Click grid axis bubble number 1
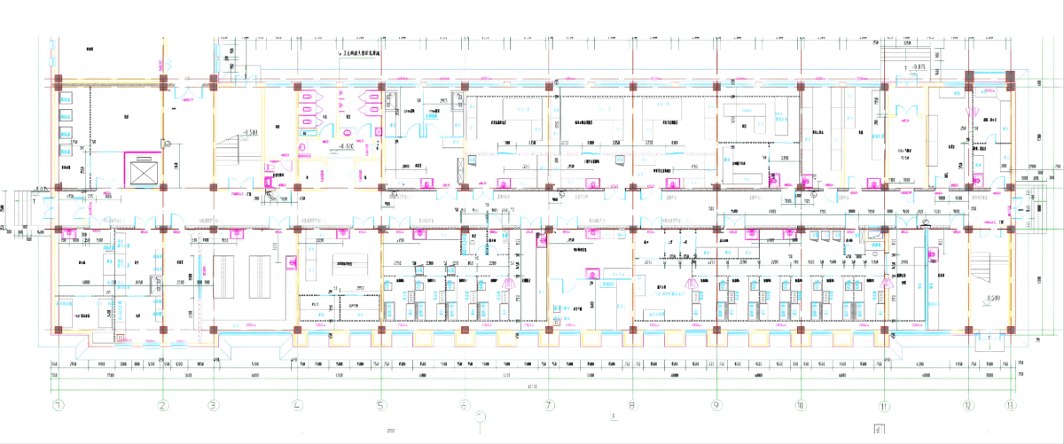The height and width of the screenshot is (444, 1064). pos(59,406)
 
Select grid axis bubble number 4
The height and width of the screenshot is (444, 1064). pos(297,406)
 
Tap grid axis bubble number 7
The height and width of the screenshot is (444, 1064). pos(549,406)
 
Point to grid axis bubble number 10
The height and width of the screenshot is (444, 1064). pos(800,406)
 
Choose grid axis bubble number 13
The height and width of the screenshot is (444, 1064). pos(1010,406)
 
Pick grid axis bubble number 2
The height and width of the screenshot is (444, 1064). pos(162,406)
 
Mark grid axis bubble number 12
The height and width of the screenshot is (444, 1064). pos(968,406)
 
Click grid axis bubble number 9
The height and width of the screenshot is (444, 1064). pos(716,406)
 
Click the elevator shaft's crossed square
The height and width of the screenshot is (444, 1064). pos(142,171)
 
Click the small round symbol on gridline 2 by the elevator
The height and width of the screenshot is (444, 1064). pos(166,143)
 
